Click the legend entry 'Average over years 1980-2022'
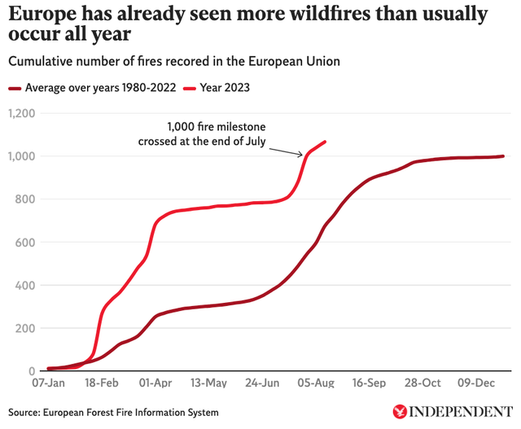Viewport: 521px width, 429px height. pyautogui.click(x=94, y=88)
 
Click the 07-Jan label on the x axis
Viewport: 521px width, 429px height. pyautogui.click(x=48, y=383)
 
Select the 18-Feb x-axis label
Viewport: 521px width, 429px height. pyautogui.click(x=101, y=383)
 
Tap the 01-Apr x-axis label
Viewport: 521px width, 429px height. pyautogui.click(x=155, y=383)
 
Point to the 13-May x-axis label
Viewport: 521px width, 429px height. pyautogui.click(x=209, y=383)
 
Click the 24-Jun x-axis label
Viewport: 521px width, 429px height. pyautogui.click(x=263, y=383)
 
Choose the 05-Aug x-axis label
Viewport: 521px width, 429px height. pyautogui.click(x=317, y=383)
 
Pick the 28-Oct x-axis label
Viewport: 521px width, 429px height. pyautogui.click(x=423, y=383)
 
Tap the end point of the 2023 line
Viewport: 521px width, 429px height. pyautogui.click(x=326, y=142)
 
